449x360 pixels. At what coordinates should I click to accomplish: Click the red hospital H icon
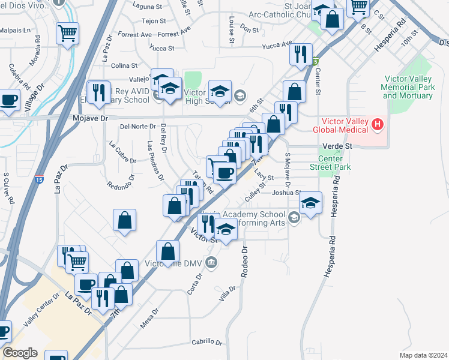tap(377, 125)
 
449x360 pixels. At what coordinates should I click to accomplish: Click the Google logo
tap(20, 352)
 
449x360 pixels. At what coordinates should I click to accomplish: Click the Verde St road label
tap(336, 146)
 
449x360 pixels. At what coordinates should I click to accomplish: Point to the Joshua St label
tap(286, 193)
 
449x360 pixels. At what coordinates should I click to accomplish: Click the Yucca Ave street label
tap(277, 45)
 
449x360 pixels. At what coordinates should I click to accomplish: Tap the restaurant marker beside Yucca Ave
tap(300, 55)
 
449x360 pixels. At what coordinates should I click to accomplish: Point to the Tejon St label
tap(137, 20)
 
